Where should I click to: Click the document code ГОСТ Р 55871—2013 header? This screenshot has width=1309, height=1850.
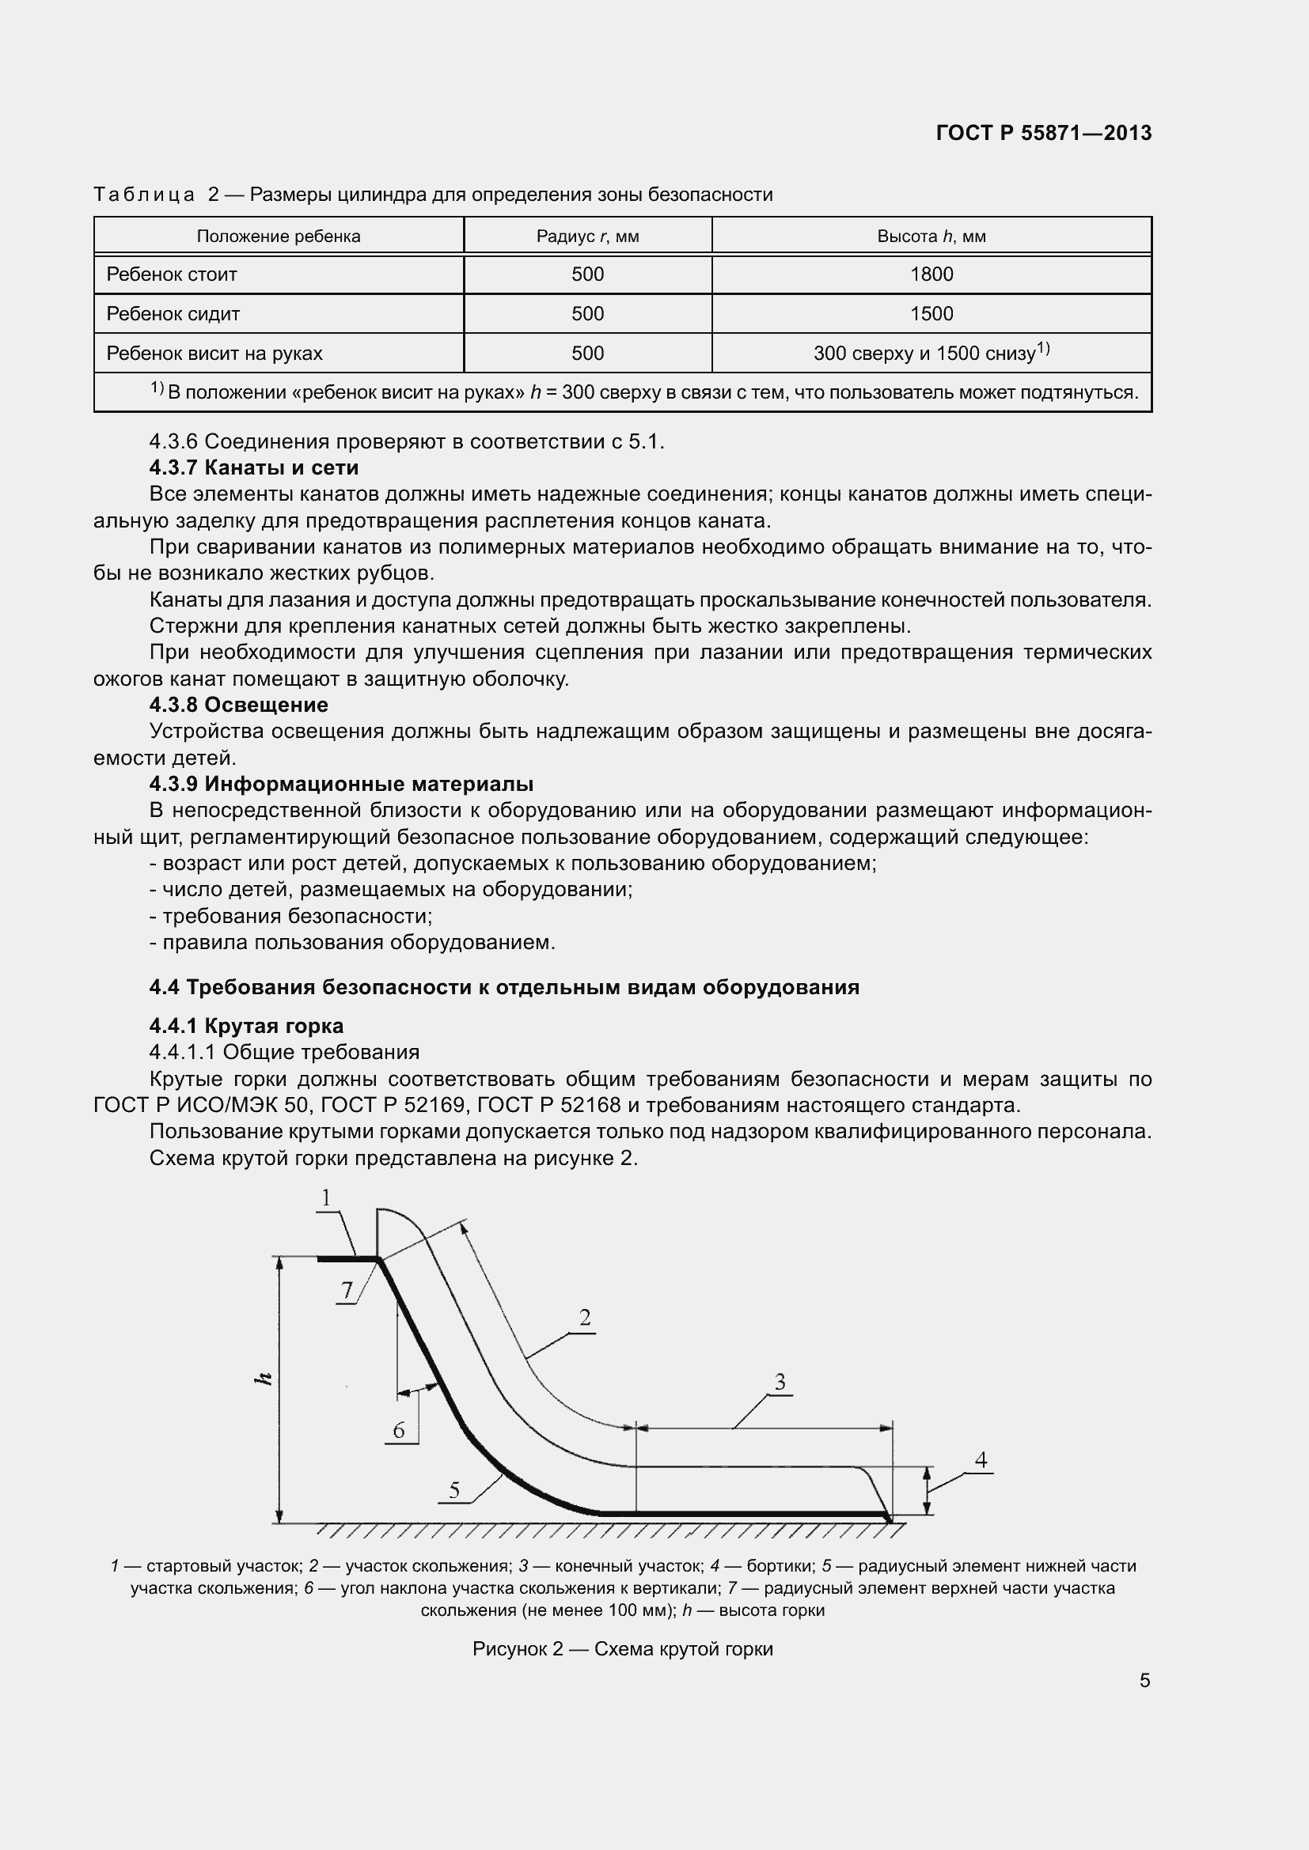pyautogui.click(x=1043, y=133)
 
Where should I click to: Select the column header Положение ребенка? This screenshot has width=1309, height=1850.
pyautogui.click(x=278, y=236)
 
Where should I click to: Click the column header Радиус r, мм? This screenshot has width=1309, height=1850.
pyautogui.click(x=587, y=236)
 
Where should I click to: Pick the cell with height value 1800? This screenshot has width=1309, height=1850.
pyautogui.click(x=931, y=274)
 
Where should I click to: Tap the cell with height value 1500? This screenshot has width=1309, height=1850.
pyautogui.click(x=931, y=313)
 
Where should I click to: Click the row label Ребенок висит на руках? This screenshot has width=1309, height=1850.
pyautogui.click(x=214, y=353)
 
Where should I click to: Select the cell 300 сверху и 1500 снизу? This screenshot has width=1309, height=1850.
pyautogui.click(x=931, y=352)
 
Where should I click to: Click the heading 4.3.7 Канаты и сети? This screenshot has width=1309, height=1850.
pyautogui.click(x=254, y=467)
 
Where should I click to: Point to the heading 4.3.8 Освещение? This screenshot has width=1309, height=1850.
pyautogui.click(x=238, y=704)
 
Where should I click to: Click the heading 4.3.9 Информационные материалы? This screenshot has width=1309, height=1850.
pyautogui.click(x=341, y=783)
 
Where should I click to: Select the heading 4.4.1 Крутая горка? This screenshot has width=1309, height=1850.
pyautogui.click(x=246, y=1026)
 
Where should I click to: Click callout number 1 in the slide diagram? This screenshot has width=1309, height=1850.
pyautogui.click(x=326, y=1198)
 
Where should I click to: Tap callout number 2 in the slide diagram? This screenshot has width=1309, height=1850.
pyautogui.click(x=585, y=1318)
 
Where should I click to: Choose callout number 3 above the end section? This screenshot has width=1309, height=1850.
pyautogui.click(x=780, y=1382)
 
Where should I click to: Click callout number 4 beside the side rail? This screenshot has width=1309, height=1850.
pyautogui.click(x=980, y=1460)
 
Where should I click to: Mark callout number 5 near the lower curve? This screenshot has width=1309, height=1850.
pyautogui.click(x=454, y=1491)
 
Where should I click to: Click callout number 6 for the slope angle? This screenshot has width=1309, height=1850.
pyautogui.click(x=398, y=1430)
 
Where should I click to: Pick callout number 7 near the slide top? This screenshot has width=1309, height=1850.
pyautogui.click(x=347, y=1291)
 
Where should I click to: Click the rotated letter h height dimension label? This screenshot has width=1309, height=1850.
pyautogui.click(x=263, y=1379)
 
